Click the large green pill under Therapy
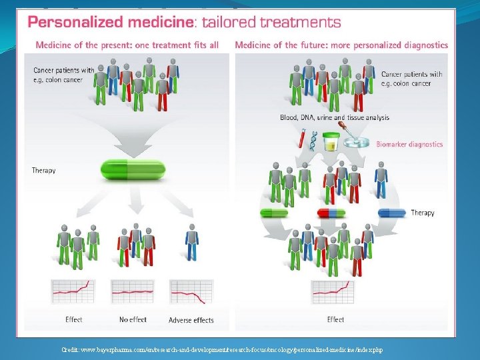pyautogui.click(x=133, y=169)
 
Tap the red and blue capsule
pyautogui.click(x=331, y=213)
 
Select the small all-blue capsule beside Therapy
pyautogui.click(x=391, y=213)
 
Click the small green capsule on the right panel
pyautogui.click(x=274, y=213)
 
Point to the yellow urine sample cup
pyautogui.click(x=331, y=142)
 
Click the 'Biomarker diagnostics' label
pyautogui.click(x=409, y=144)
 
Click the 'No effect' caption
pyautogui.click(x=133, y=320)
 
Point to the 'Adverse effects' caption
pyautogui.click(x=191, y=321)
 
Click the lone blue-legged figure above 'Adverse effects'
pyautogui.click(x=192, y=241)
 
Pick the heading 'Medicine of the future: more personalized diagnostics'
pyautogui.click(x=341, y=45)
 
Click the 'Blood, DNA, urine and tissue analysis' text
pyautogui.click(x=335, y=117)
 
